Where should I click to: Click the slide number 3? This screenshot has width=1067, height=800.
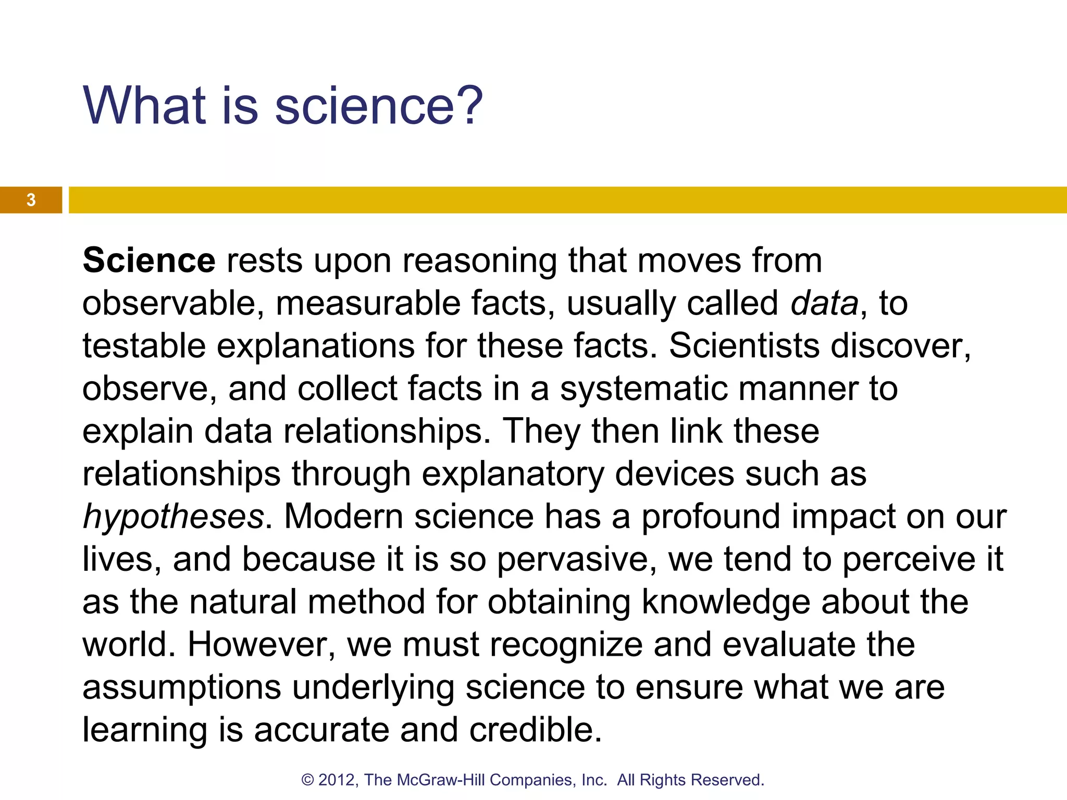coord(31,200)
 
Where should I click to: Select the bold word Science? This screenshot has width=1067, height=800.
coord(149,260)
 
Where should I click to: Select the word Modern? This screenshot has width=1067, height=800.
coord(343,517)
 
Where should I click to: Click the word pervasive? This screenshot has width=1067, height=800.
coord(573,559)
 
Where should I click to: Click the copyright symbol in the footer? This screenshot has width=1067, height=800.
coord(307,780)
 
